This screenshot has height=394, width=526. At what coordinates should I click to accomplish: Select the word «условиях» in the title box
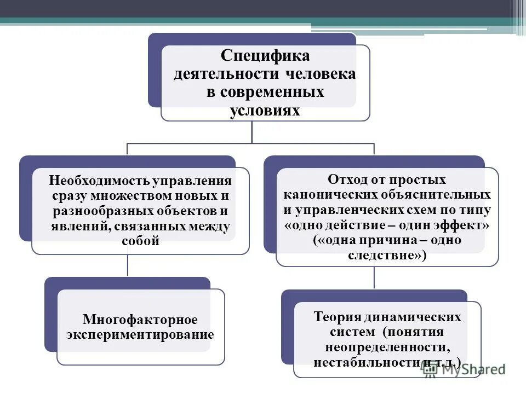pyautogui.click(x=265, y=110)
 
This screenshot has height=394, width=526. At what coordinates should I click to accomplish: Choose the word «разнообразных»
pyautogui.click(x=98, y=211)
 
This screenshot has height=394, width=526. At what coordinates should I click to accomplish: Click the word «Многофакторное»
pyautogui.click(x=140, y=319)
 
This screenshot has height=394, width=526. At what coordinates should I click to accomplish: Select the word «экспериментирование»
pyautogui.click(x=140, y=334)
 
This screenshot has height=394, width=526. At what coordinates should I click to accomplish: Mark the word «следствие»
pyautogui.click(x=384, y=254)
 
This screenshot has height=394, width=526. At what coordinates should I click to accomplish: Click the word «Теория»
pyautogui.click(x=338, y=317)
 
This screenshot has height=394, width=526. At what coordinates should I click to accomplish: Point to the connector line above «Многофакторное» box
pyautogui.click(x=128, y=265)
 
